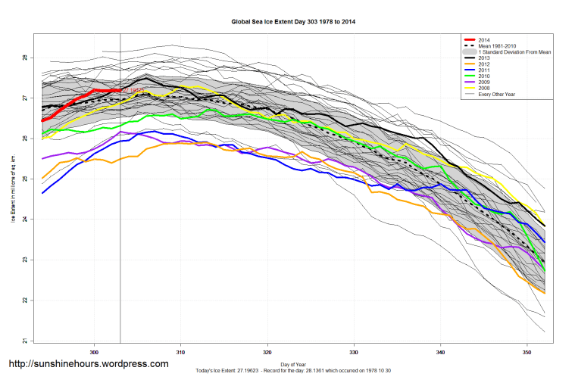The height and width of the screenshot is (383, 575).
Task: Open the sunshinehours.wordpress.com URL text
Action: (x=88, y=364)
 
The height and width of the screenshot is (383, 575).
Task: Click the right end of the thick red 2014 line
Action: (x=120, y=91)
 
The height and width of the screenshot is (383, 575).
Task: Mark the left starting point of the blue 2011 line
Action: (x=42, y=193)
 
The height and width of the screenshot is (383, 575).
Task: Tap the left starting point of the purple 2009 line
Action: (x=42, y=158)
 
